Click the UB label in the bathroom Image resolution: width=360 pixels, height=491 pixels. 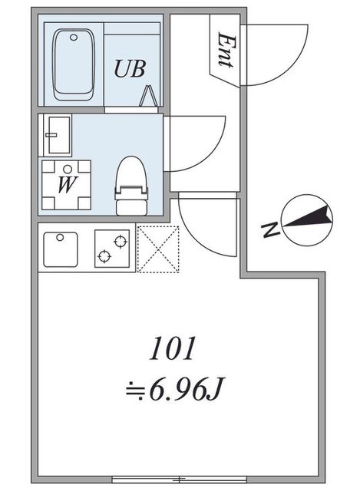(x=130, y=69)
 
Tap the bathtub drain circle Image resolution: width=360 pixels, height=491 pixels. (x=74, y=38)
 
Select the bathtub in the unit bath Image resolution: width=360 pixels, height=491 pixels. (x=74, y=64)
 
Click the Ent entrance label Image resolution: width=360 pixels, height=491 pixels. (x=226, y=50)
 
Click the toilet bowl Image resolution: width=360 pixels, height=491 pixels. (x=131, y=172)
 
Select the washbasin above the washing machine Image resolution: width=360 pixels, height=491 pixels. (x=58, y=135)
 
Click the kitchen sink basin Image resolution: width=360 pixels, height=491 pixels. (x=61, y=249)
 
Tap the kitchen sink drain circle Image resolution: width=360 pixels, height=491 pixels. (x=60, y=237)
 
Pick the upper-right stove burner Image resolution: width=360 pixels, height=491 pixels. (x=121, y=242)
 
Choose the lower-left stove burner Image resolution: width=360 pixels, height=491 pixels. (x=104, y=256)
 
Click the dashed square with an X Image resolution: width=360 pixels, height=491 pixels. (x=158, y=249)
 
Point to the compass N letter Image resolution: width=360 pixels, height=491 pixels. (x=270, y=230)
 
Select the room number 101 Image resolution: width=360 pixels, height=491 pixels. (x=172, y=348)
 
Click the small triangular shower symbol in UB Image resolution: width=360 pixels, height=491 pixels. (x=148, y=96)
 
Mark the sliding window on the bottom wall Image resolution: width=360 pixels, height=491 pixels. (x=179, y=479)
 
